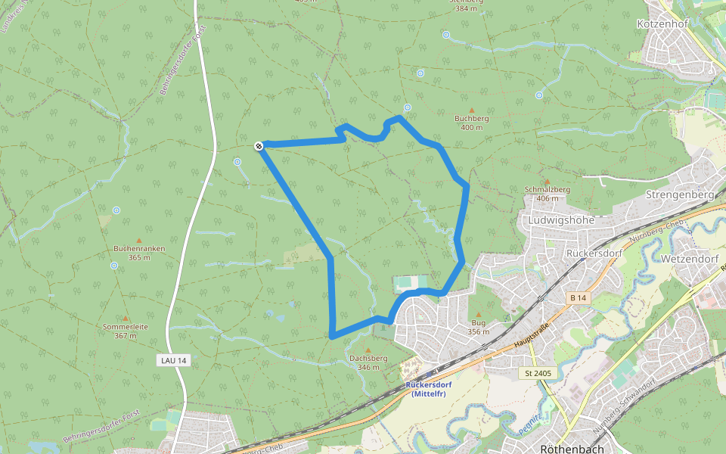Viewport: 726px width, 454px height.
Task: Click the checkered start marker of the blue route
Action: point(259,145)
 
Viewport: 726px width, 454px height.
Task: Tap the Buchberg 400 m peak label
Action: point(471,123)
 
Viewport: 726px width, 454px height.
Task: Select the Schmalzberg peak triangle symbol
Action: point(546,182)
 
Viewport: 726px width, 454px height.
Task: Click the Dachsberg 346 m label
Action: point(368,362)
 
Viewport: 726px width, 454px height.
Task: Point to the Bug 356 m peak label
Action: point(478,326)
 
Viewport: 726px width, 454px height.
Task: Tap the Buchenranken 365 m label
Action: point(138,253)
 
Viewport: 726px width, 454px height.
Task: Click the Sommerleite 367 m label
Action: point(126,331)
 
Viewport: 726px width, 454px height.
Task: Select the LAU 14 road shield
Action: point(173,360)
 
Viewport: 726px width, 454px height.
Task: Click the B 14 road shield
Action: point(578,298)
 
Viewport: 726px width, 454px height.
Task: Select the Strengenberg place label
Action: point(680,194)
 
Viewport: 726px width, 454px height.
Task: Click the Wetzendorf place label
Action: point(688,259)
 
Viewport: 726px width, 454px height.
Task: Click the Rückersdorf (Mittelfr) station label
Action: point(428,388)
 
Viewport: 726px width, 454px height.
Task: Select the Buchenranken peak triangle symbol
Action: point(138,239)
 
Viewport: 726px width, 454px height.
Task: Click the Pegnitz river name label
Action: point(529,424)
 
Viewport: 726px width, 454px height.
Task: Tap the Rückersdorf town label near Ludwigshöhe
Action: point(592,253)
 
